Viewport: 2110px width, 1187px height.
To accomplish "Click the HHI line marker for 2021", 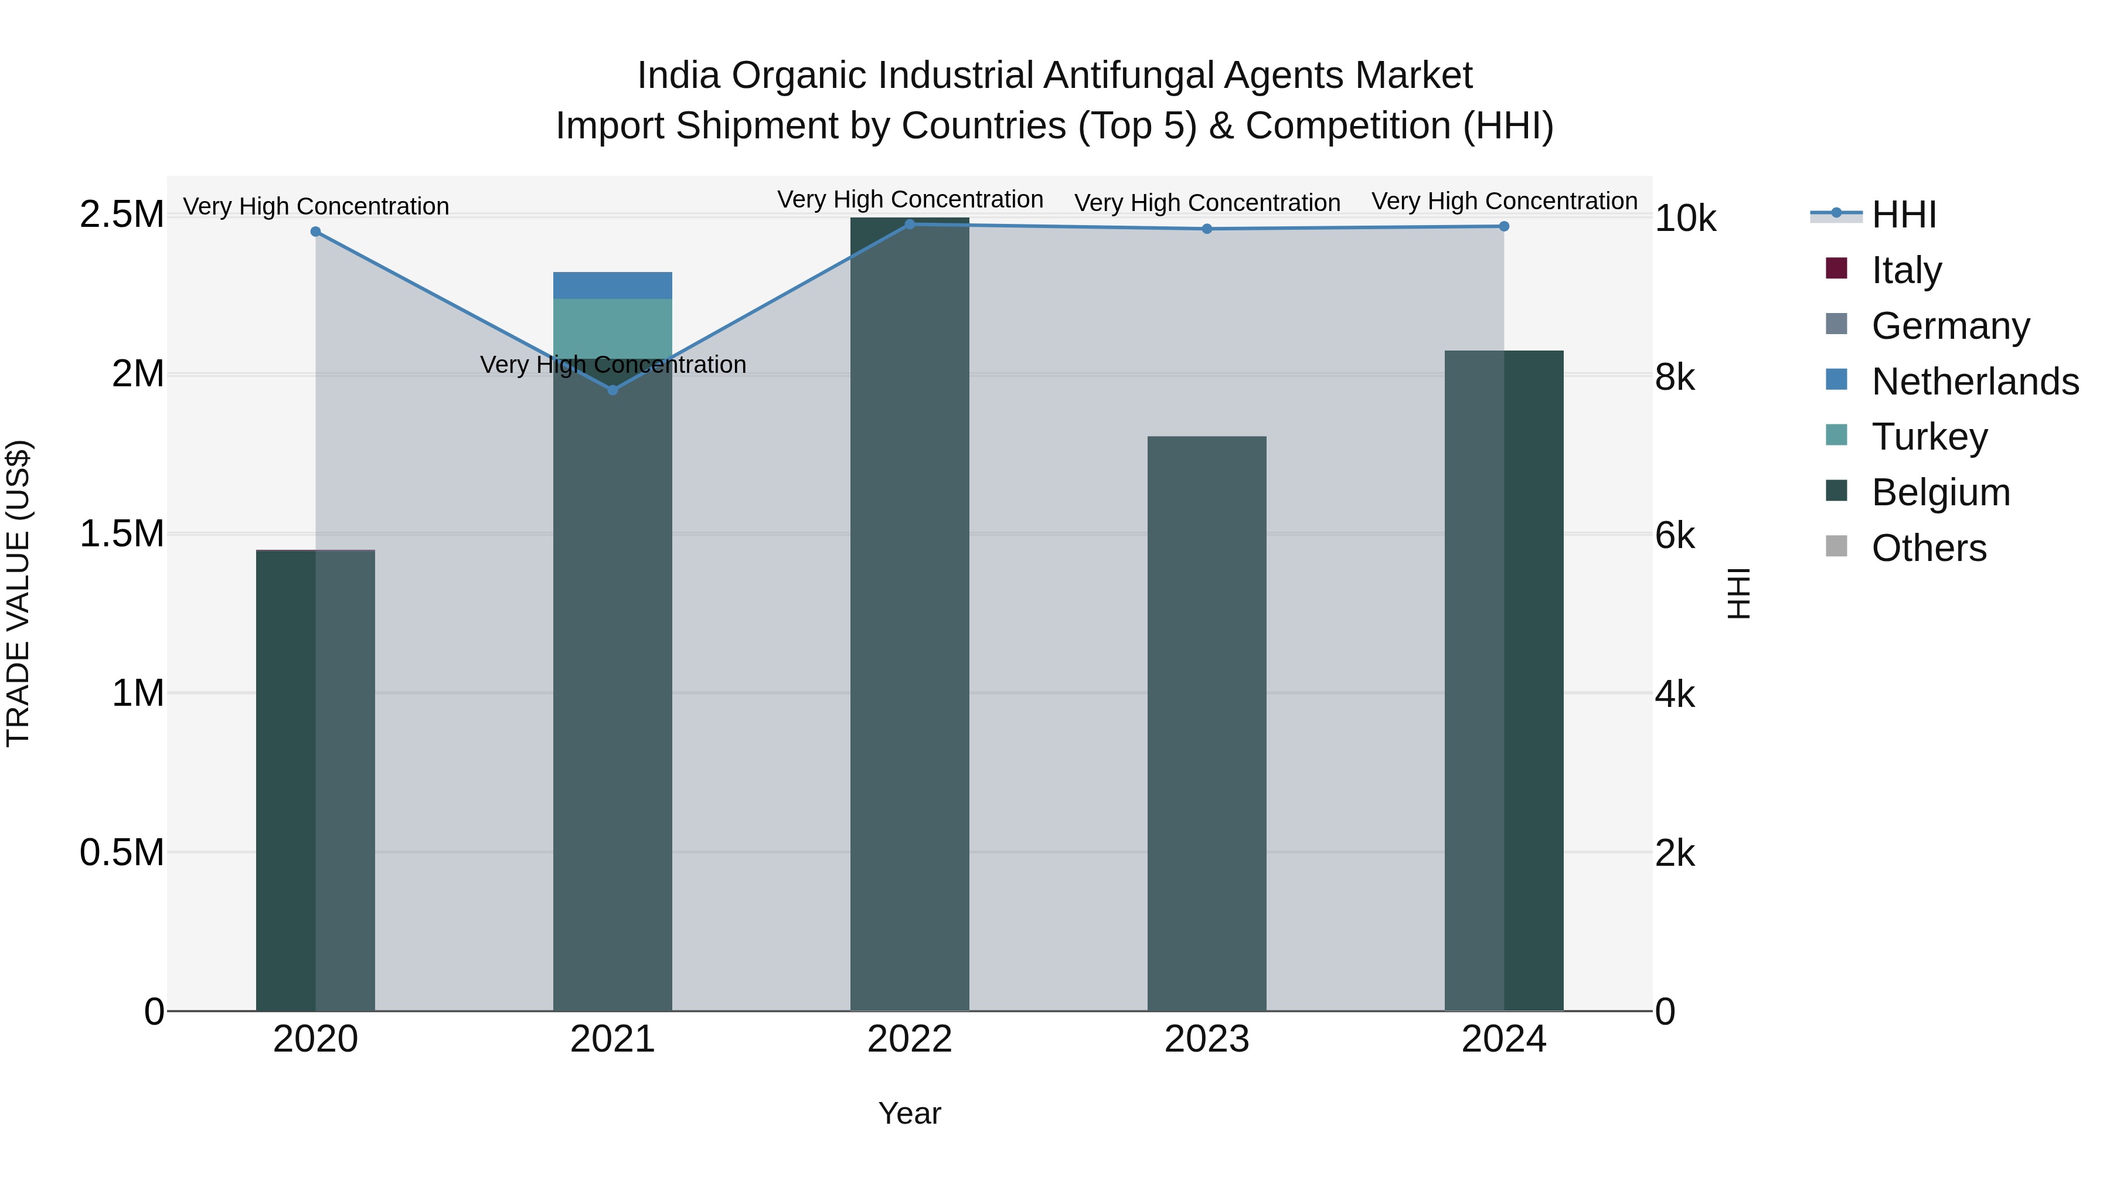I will [612, 390].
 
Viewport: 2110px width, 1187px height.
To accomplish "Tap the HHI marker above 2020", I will [315, 232].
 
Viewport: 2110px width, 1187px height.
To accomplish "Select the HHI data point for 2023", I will [1207, 229].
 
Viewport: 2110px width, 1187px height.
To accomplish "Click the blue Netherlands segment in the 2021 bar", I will [612, 285].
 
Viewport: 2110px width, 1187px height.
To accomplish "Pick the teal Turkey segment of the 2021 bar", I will [612, 328].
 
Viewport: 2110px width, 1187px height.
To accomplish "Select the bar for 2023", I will [1207, 721].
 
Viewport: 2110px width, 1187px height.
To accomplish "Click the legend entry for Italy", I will [1906, 270].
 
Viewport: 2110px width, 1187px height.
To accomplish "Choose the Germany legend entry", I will [1950, 326].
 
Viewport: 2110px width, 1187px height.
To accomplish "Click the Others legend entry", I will [1928, 548].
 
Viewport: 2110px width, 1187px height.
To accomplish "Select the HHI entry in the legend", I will [1904, 215].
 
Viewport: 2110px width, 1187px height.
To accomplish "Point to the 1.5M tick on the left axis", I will [121, 534].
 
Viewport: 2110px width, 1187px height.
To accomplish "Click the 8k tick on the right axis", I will [1675, 377].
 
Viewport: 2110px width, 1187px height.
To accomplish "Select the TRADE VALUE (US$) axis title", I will [18, 593].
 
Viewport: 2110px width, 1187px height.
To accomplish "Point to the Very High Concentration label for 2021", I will [612, 365].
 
